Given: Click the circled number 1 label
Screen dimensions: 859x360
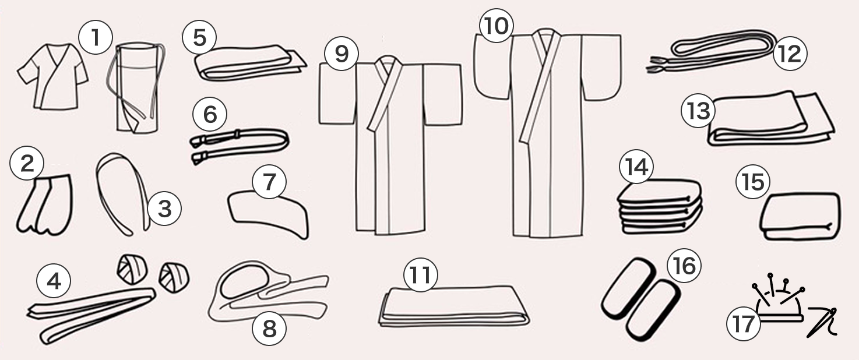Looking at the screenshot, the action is click(x=96, y=37).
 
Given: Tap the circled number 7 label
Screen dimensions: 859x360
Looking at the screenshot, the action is click(x=269, y=181).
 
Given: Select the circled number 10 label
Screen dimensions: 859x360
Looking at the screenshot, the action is click(x=496, y=25).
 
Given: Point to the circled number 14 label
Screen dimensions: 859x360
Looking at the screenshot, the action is click(x=636, y=167).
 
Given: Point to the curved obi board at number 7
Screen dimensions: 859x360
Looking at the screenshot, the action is click(x=269, y=215).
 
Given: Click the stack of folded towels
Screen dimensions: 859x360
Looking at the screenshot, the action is click(x=660, y=207).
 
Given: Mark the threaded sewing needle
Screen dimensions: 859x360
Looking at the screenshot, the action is click(x=822, y=322).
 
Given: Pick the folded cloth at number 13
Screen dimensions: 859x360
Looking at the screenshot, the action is click(x=771, y=119).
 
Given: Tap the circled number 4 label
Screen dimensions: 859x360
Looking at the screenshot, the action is click(x=53, y=282).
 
